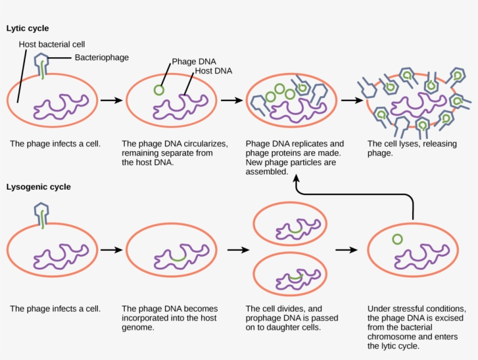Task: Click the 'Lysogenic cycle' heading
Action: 38,187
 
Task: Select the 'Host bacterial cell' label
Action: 52,44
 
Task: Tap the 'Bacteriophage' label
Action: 101,57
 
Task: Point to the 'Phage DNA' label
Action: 191,61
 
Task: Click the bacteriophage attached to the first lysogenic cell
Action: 42,213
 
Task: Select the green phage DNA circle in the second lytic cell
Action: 159,90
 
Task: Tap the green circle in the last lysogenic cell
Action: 397,239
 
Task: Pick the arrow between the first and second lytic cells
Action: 111,100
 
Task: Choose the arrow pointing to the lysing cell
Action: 351,100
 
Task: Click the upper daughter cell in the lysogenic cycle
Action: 288,225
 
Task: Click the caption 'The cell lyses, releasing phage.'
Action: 412,148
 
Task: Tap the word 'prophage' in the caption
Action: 263,318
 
